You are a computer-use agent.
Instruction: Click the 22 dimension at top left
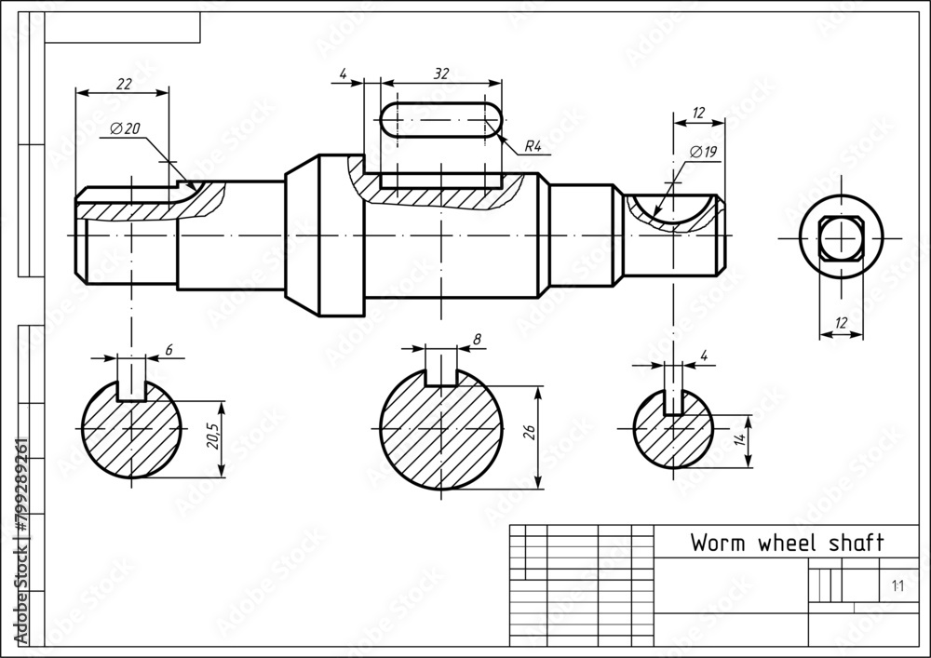point(122,84)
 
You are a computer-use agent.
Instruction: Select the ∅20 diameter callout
point(124,129)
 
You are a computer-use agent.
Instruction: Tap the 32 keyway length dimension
point(441,73)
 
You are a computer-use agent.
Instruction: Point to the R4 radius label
point(533,145)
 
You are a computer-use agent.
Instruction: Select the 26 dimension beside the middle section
point(529,431)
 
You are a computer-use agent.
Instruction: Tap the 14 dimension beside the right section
point(739,440)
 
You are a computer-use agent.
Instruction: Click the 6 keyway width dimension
point(169,349)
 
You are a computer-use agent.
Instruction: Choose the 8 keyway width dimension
point(477,340)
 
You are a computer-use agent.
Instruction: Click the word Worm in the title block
point(717,544)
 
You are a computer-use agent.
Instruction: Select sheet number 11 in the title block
point(897,585)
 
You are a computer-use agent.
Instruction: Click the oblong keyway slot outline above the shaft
point(441,122)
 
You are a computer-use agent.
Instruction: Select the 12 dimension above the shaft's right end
point(698,113)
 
